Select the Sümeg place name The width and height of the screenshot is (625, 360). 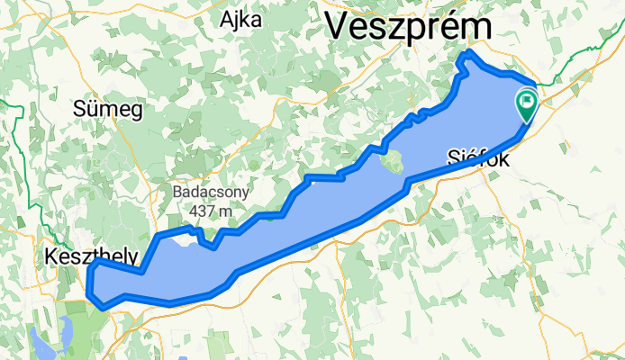[107, 111]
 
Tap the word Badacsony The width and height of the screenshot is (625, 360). [212, 193]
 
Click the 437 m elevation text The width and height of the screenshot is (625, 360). [212, 211]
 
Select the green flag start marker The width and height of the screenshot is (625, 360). [526, 104]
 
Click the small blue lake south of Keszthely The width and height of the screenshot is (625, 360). [43, 340]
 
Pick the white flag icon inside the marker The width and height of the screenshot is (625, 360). [526, 101]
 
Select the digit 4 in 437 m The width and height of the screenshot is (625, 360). [195, 211]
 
